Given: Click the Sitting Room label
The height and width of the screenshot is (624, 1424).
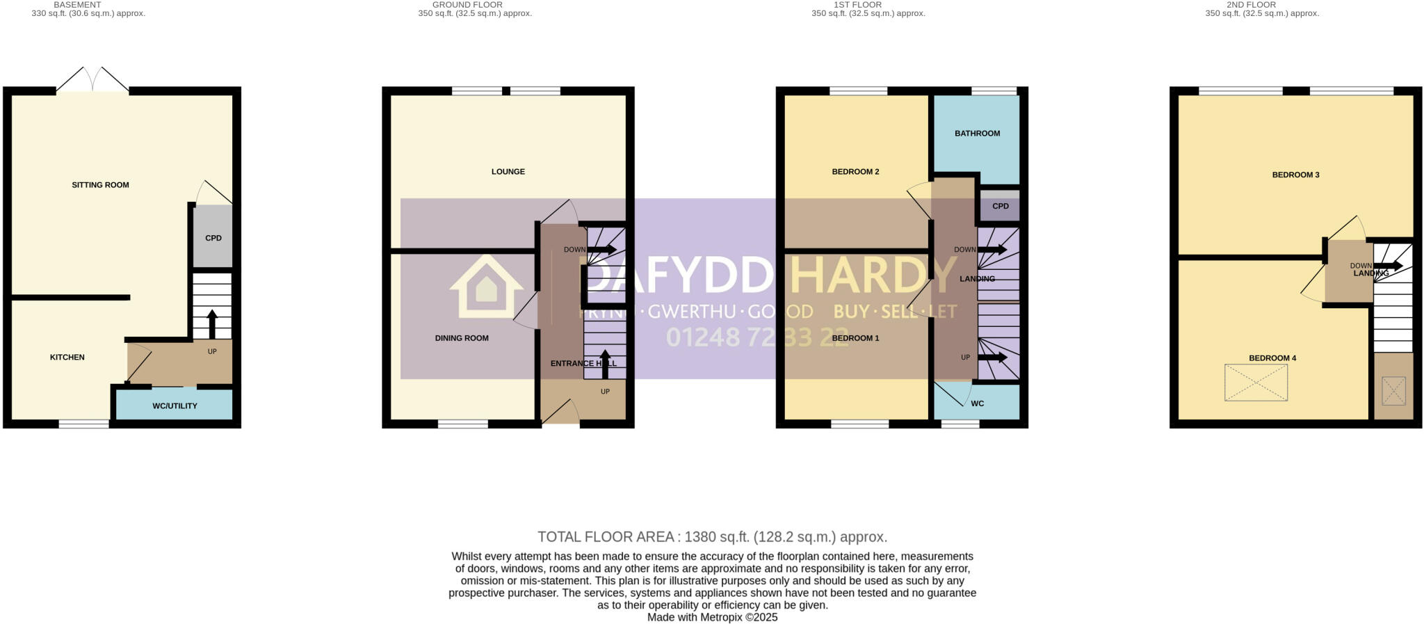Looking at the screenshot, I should pyautogui.click(x=101, y=185).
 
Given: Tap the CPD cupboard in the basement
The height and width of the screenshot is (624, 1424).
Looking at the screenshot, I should pyautogui.click(x=213, y=238).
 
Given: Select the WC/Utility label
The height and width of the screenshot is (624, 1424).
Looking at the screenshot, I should pyautogui.click(x=175, y=406).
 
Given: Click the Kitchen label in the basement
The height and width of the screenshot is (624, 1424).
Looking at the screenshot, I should pyautogui.click(x=67, y=357).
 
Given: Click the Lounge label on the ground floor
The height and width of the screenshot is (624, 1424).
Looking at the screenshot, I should pyautogui.click(x=508, y=172).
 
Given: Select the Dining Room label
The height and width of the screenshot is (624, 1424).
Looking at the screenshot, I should pyautogui.click(x=462, y=338).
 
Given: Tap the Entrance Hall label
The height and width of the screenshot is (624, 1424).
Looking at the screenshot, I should pyautogui.click(x=583, y=363).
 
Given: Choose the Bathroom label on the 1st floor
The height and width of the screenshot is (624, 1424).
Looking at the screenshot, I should pyautogui.click(x=977, y=134).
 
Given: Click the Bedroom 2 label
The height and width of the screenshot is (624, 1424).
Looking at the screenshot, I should pyautogui.click(x=855, y=172).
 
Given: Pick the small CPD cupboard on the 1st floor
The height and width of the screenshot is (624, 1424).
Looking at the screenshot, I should pyautogui.click(x=1000, y=207).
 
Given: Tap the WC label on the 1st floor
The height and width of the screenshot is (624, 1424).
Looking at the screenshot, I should pyautogui.click(x=977, y=403).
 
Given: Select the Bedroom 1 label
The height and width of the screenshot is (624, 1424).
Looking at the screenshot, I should pyautogui.click(x=855, y=338).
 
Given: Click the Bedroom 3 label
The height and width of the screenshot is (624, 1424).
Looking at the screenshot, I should pyautogui.click(x=1295, y=175).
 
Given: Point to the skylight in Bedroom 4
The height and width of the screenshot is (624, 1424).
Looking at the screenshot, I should pyautogui.click(x=1256, y=383).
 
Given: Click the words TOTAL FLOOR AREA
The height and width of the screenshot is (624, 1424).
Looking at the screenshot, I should pyautogui.click(x=605, y=537).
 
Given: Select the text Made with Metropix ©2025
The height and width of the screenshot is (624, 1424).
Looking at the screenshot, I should pyautogui.click(x=712, y=617).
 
